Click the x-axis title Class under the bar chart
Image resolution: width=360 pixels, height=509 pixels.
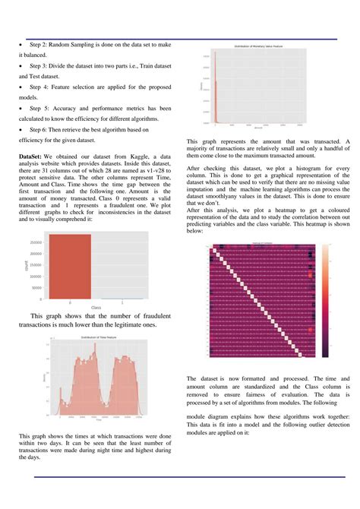[x=96, y=307]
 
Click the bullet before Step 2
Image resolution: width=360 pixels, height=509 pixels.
[x=21, y=46]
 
